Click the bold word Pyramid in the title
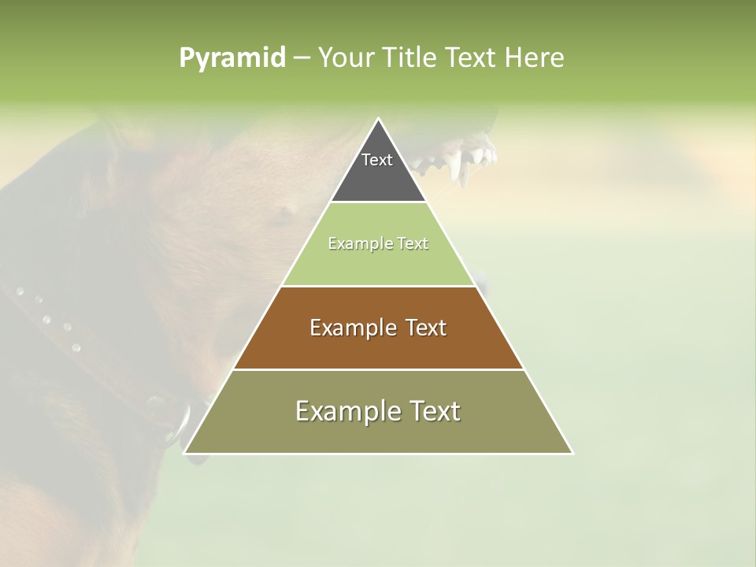click(232, 57)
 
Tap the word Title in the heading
click(409, 57)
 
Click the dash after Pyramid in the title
click(302, 57)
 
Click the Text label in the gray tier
click(377, 160)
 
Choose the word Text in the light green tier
click(413, 243)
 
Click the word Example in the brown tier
click(351, 328)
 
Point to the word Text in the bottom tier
click(435, 411)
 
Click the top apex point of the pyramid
click(378, 119)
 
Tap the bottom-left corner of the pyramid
click(184, 453)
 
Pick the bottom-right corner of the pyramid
click(572, 453)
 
